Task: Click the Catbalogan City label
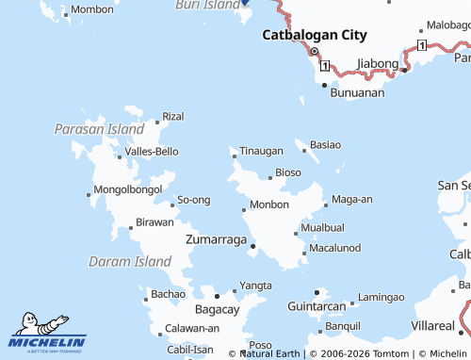pyautogui.click(x=314, y=35)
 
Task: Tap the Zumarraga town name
pyautogui.click(x=217, y=239)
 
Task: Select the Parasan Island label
pyautogui.click(x=99, y=128)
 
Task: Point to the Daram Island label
pyautogui.click(x=129, y=261)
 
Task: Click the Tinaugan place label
pyautogui.click(x=261, y=151)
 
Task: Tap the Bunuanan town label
pyautogui.click(x=358, y=93)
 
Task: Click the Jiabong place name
pyautogui.click(x=378, y=64)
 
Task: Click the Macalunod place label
pyautogui.click(x=334, y=247)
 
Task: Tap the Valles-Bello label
pyautogui.click(x=152, y=151)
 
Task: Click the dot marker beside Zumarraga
pyautogui.click(x=253, y=246)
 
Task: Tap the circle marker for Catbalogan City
pyautogui.click(x=315, y=52)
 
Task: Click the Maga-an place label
pyautogui.click(x=352, y=199)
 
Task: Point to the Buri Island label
pyautogui.click(x=208, y=5)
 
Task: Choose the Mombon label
pyautogui.click(x=91, y=8)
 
